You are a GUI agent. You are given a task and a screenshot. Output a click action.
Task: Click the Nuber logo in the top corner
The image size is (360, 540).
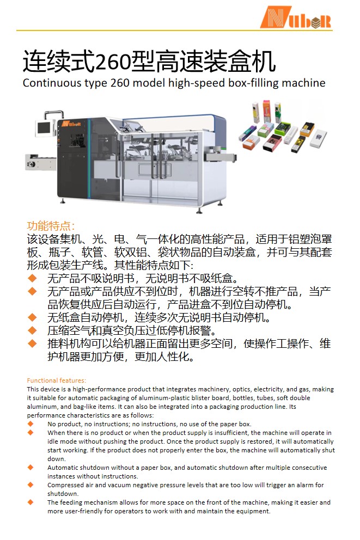click(x=295, y=17)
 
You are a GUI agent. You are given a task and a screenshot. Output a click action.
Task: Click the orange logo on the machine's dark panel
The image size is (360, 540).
click(x=71, y=124)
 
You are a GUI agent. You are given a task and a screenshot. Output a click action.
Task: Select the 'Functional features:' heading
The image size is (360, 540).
click(x=57, y=381)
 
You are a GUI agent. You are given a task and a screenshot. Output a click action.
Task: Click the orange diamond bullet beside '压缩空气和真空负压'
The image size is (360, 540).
click(x=32, y=330)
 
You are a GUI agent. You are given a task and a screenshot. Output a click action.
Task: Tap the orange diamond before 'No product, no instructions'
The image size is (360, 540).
click(x=30, y=424)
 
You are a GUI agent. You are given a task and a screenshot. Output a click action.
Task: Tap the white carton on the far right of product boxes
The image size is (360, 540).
click(x=318, y=138)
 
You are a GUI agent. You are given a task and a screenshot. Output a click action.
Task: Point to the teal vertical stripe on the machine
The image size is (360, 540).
click(x=89, y=158)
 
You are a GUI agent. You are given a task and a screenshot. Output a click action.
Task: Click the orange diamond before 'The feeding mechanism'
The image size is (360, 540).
click(x=30, y=502)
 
